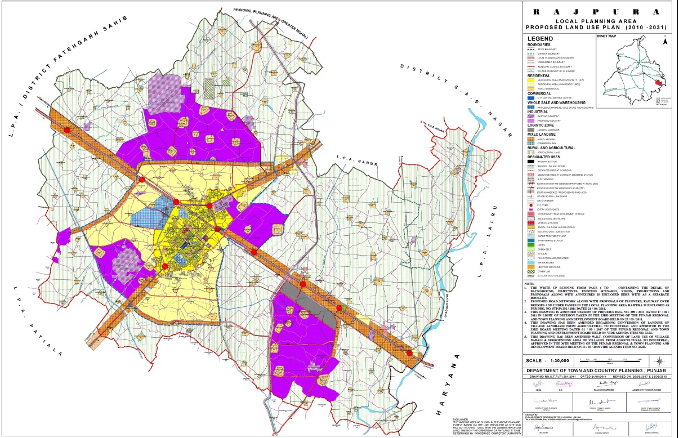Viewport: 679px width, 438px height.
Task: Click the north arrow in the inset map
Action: (665, 41)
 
